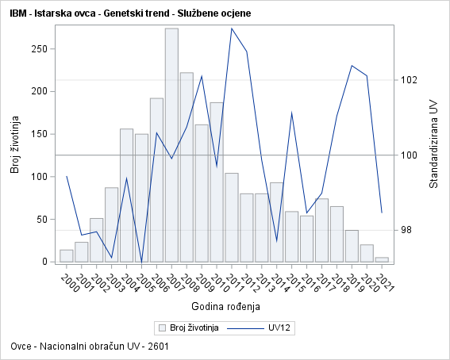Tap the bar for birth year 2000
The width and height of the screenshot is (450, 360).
pos(67,255)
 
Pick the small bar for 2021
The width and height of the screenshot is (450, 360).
pos(382,259)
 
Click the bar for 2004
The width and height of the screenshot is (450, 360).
pos(126,195)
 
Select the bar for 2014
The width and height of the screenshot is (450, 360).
pos(276,222)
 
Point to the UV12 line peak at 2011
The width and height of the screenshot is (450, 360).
pos(232,29)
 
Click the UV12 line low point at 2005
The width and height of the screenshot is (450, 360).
pos(141,262)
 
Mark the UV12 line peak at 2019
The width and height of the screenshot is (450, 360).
pos(352,66)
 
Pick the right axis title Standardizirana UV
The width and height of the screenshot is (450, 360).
pos(433,143)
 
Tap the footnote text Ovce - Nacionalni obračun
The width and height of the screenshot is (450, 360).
pos(90,347)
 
